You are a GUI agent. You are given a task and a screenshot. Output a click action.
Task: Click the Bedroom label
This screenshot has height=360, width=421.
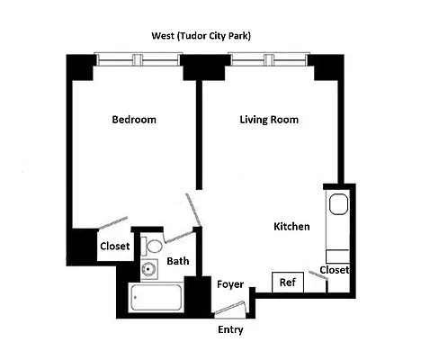click(134, 120)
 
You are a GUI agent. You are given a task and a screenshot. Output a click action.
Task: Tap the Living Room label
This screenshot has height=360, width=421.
click(269, 120)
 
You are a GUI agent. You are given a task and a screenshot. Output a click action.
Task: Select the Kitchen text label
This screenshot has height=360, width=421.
click(291, 227)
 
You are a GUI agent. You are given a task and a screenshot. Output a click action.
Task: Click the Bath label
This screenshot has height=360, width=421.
click(177, 262)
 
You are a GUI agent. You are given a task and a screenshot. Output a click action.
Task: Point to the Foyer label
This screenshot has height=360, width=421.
click(230, 284)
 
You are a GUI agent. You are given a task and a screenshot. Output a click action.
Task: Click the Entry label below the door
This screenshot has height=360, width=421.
click(230, 330)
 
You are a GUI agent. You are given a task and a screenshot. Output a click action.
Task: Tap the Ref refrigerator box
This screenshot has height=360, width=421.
click(288, 283)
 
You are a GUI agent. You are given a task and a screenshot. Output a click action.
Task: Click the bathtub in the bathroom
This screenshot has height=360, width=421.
click(157, 298)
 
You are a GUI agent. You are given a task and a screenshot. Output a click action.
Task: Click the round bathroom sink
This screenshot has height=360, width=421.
click(147, 269)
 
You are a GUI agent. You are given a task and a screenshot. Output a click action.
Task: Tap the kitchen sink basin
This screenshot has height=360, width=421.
click(339, 204)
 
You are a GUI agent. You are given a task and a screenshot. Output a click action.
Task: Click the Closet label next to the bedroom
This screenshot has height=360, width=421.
click(114, 246)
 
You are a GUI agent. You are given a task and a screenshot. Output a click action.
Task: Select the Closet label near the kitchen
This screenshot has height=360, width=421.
click(334, 269)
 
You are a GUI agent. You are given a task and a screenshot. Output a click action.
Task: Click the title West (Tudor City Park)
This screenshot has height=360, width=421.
click(200, 36)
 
